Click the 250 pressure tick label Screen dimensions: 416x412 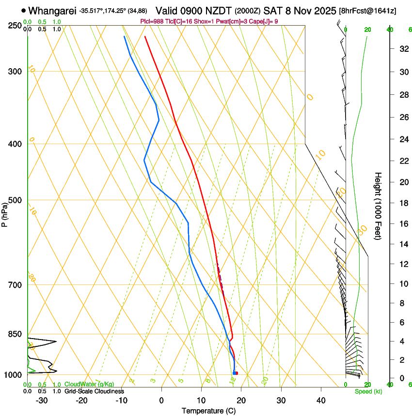pos(15,26)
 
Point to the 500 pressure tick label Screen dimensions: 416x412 pos(15,200)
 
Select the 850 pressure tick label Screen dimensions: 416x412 pos(15,334)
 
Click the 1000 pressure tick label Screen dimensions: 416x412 pos(13,375)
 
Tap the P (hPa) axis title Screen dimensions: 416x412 pos(4,213)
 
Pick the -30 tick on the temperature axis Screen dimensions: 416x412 pos(42,400)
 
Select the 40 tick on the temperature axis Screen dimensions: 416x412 pos(321,400)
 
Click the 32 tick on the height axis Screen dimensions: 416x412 pos(402,49)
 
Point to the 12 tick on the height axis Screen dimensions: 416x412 pos(402,264)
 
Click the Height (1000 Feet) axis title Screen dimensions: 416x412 pos(379,206)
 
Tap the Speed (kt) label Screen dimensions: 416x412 pos(368,391)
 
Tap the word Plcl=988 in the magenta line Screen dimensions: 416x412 pos(150,22)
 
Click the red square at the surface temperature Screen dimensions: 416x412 pos(236,373)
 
